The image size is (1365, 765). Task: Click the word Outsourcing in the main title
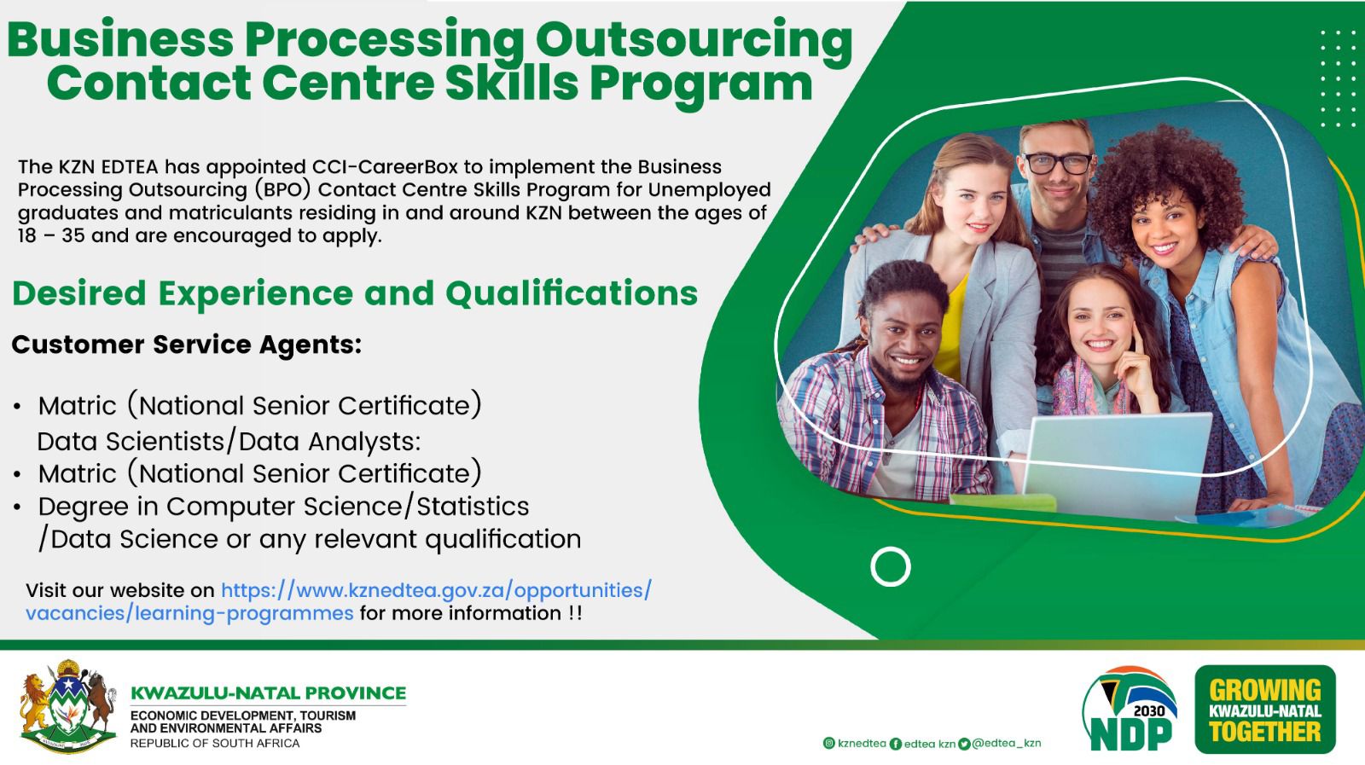(x=694, y=40)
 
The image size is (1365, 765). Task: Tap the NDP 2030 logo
(x=1130, y=709)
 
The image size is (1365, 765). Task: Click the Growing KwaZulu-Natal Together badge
(x=1265, y=710)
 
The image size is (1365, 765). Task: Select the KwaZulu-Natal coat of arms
(x=67, y=706)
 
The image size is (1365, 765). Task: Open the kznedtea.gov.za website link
(x=338, y=601)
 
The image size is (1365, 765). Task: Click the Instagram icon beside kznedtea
(x=828, y=743)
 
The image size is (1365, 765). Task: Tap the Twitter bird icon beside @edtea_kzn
(x=963, y=744)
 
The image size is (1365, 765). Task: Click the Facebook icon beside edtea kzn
(x=895, y=744)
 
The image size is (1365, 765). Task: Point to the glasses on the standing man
(x=1058, y=163)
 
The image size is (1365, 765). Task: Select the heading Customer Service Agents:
(x=187, y=345)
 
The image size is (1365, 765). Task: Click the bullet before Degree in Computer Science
(x=17, y=507)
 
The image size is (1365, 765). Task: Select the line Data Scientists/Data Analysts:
(x=229, y=442)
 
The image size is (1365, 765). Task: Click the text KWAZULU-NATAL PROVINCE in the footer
(x=268, y=693)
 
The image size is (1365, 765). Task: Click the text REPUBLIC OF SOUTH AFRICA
(x=214, y=744)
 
